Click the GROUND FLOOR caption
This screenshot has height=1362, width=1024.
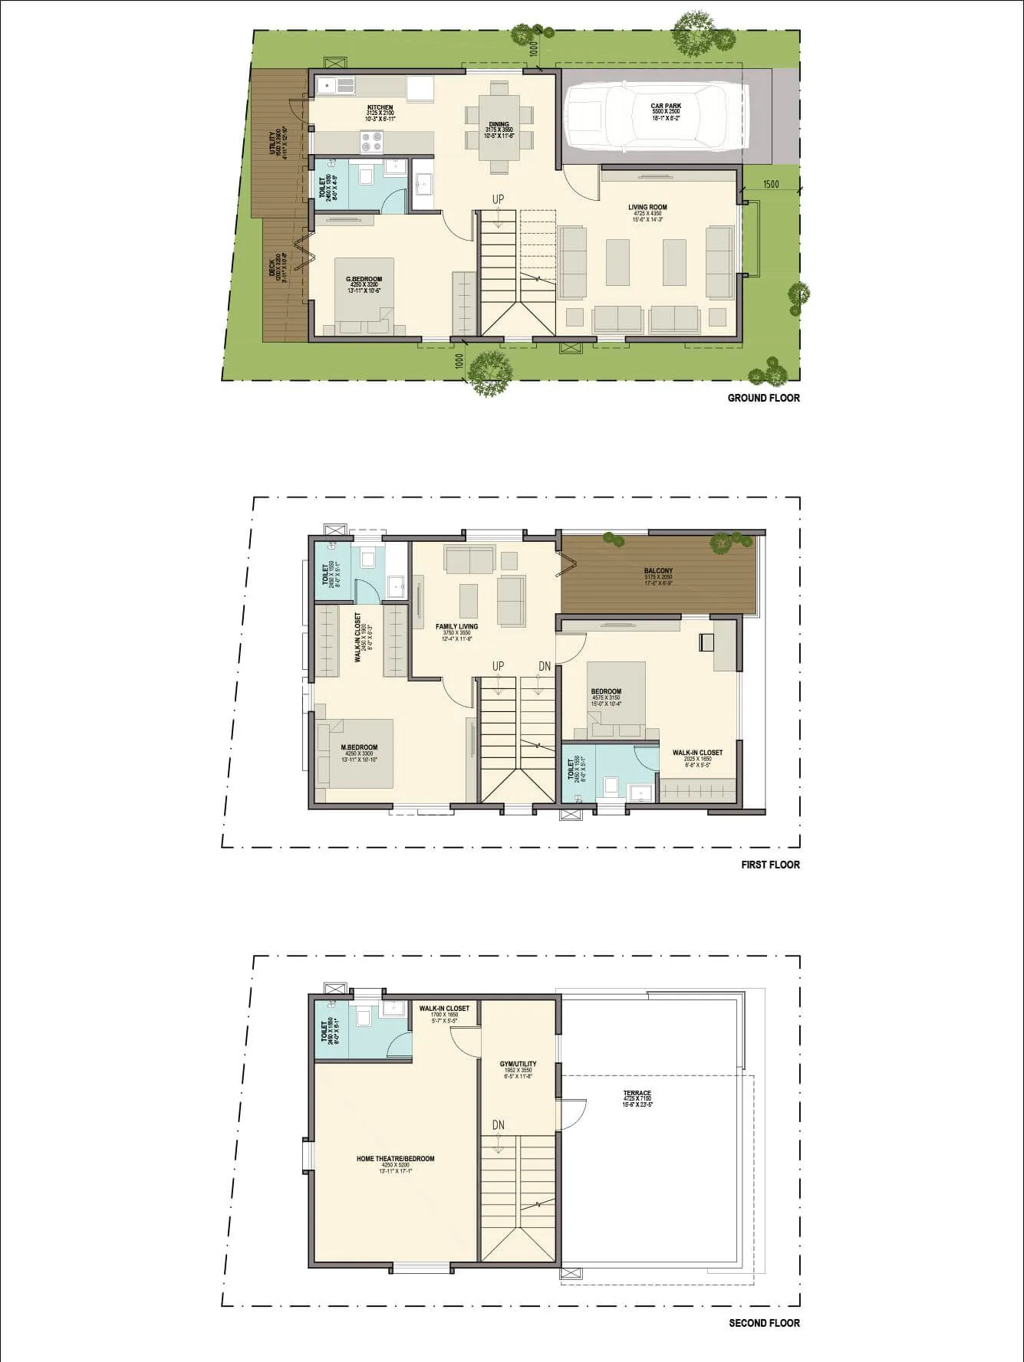pos(763,398)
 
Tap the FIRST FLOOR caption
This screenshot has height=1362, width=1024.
pos(770,865)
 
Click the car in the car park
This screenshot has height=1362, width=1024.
pos(656,117)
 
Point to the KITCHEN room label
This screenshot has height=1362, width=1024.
pos(380,108)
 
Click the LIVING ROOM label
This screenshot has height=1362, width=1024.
pos(647,207)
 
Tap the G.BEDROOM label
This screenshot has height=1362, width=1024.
pos(364,280)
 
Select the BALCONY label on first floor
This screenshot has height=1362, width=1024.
pos(658,571)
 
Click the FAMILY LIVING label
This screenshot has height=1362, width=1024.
pos(456,627)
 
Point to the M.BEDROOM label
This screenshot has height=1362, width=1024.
pos(359,748)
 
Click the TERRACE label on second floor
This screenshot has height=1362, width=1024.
pos(637,1094)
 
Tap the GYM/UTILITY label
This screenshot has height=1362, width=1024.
pos(519,1065)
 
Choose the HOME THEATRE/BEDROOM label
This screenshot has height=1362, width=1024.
pos(395,1159)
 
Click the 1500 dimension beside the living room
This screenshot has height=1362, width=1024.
pos(770,185)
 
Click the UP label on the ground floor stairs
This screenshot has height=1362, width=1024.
pos(499,199)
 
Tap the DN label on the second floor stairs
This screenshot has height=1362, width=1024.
pos(499,1125)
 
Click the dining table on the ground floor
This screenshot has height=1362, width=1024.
pos(499,126)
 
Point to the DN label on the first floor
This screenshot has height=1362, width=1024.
pos(545,666)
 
